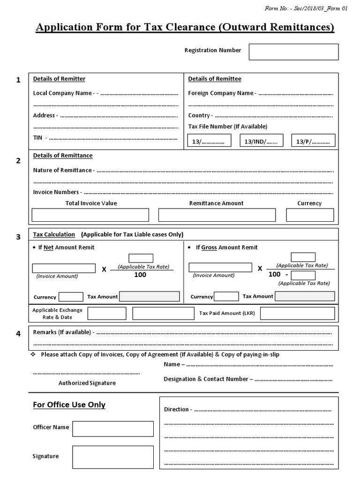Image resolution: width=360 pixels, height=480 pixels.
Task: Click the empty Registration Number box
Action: click(293, 52)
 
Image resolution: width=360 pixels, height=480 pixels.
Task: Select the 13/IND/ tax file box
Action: click(262, 141)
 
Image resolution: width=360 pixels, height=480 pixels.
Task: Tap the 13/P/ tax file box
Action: click(313, 141)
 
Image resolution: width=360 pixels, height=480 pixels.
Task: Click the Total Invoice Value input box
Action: click(90, 215)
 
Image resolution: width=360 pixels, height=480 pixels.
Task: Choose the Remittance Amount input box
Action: click(217, 215)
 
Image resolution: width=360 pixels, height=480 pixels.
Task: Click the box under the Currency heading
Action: click(310, 215)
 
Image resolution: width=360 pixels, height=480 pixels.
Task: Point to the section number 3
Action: click(18, 237)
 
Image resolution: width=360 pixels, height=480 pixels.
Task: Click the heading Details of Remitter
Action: click(59, 79)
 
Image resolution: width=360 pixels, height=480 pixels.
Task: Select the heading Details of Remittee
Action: click(215, 79)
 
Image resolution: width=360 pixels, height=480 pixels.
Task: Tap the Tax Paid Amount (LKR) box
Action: click(297, 313)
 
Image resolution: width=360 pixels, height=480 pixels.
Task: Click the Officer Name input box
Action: click(112, 428)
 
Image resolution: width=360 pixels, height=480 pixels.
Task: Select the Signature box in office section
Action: click(112, 457)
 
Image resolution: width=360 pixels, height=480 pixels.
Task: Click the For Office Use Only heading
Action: click(69, 405)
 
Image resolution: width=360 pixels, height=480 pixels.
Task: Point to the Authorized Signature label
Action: click(87, 383)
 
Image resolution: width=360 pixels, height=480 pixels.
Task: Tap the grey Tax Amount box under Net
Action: click(150, 296)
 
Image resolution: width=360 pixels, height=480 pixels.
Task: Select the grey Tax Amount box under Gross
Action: click(305, 296)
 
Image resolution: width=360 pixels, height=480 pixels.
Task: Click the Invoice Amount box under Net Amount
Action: click(64, 268)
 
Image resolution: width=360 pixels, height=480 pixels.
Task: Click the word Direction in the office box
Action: click(176, 409)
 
